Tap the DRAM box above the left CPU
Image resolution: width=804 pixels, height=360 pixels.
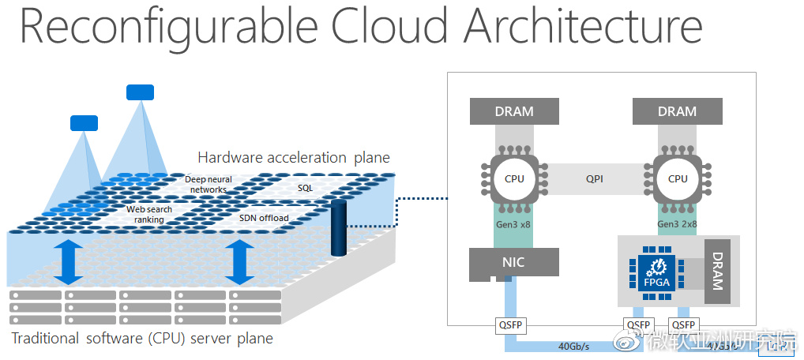click(x=514, y=111)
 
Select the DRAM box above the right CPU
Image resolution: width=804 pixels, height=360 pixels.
click(x=677, y=111)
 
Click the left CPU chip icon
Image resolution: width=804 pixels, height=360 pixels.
click(x=514, y=178)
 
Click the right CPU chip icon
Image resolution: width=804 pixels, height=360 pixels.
click(x=677, y=178)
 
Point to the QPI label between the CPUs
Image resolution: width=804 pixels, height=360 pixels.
click(x=595, y=179)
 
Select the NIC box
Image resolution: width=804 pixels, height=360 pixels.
click(x=514, y=261)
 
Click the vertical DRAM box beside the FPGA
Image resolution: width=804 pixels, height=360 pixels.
click(x=717, y=272)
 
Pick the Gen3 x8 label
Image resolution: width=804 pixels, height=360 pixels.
click(x=514, y=223)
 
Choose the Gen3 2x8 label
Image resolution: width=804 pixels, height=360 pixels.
click(x=677, y=223)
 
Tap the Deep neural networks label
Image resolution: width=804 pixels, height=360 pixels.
click(x=209, y=185)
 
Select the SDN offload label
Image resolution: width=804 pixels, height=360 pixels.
click(x=264, y=217)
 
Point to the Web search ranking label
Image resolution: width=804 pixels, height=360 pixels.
click(x=148, y=214)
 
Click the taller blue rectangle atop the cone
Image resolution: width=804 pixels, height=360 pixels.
click(x=141, y=92)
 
